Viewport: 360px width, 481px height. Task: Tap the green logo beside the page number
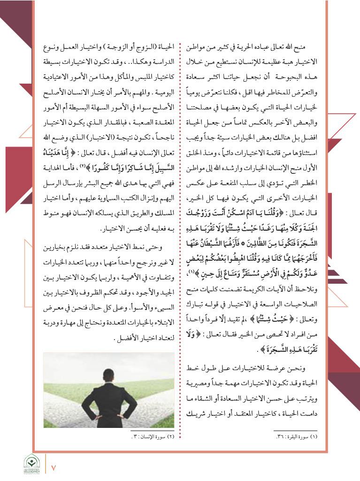click(32, 464)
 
